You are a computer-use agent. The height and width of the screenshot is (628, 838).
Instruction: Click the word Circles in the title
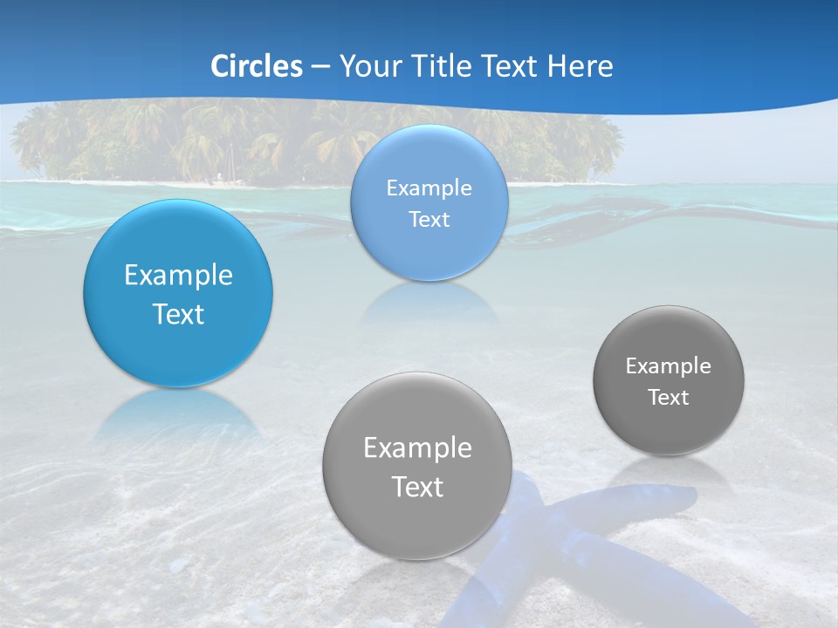click(257, 66)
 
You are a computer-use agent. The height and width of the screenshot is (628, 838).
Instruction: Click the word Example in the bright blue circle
click(178, 276)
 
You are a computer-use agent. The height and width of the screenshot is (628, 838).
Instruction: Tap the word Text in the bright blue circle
click(178, 314)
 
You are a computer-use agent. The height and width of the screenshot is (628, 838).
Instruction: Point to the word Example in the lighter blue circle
click(429, 188)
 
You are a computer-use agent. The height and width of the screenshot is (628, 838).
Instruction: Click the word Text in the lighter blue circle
click(429, 220)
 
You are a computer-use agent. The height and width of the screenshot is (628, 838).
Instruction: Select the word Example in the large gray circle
click(417, 448)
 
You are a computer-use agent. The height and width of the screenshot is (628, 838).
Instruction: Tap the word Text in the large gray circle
click(417, 487)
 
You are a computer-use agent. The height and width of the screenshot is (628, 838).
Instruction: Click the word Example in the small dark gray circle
click(669, 365)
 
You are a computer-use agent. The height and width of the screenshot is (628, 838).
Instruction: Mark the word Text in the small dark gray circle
click(669, 398)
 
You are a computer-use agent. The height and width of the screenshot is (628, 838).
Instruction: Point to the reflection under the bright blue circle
click(178, 414)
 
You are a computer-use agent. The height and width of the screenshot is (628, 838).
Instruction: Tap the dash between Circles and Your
click(320, 67)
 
